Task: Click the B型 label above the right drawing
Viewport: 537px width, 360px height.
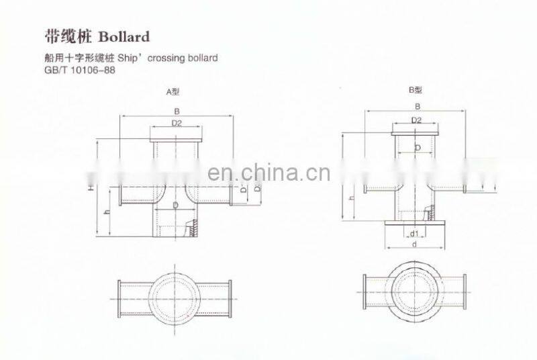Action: (x=416, y=89)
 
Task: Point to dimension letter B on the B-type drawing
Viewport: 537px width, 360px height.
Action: (x=417, y=107)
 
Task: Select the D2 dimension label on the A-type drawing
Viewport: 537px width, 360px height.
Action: (x=177, y=123)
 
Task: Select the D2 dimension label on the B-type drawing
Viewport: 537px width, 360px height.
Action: (x=416, y=120)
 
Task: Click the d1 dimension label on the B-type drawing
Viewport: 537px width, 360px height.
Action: (x=416, y=234)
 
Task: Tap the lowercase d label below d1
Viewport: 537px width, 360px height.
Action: (x=416, y=245)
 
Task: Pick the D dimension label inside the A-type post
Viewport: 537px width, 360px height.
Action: (x=175, y=204)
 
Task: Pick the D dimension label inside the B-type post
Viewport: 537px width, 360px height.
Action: (x=417, y=147)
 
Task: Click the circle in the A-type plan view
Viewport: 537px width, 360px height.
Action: (x=175, y=294)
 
